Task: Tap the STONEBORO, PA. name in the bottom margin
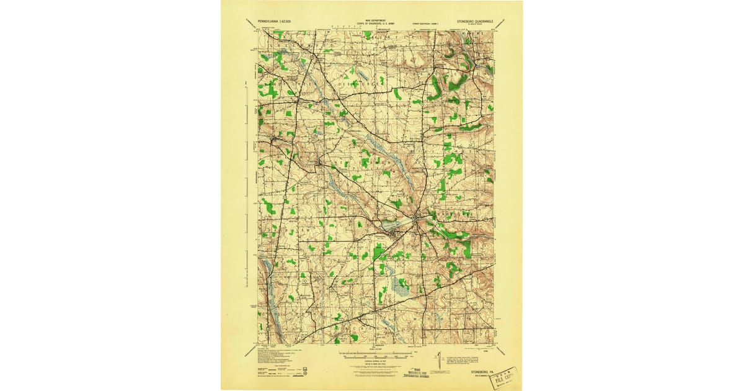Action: [481, 374]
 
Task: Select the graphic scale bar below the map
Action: [375, 357]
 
